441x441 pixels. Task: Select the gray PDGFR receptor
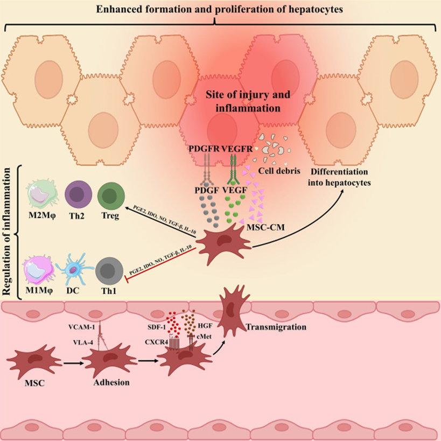tap(206, 171)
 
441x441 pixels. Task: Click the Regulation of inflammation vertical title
tap(9, 231)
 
